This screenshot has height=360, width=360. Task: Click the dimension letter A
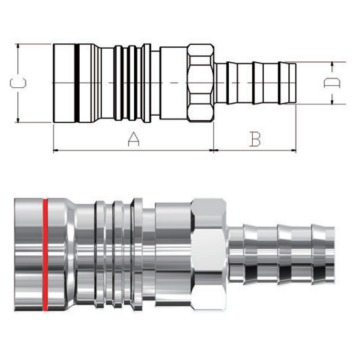[x=133, y=139]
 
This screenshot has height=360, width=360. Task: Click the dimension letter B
[x=255, y=139]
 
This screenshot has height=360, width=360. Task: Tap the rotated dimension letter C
[x=18, y=83]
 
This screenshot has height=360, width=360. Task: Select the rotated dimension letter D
[x=332, y=83]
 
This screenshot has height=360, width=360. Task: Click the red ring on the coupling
[x=45, y=254]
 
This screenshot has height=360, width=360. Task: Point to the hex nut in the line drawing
[x=200, y=83]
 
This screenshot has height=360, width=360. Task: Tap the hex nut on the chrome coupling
[x=209, y=254]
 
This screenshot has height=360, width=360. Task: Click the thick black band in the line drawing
[x=77, y=83]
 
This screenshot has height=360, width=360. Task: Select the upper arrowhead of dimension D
[x=332, y=66]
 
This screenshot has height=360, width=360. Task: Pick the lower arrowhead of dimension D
[x=332, y=100]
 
